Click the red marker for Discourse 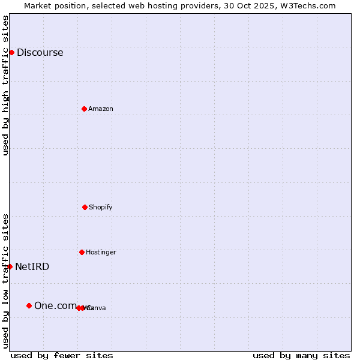point(11,52)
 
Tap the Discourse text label point(40,52)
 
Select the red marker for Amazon point(84,109)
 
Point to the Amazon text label point(100,109)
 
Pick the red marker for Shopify point(85,207)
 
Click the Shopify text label point(100,207)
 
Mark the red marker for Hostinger point(82,252)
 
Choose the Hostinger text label point(101,252)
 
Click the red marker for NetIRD point(10,266)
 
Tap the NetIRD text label point(32,266)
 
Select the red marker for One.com point(29,305)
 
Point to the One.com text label point(55,305)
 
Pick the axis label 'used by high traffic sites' point(5,85)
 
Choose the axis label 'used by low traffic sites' point(5,281)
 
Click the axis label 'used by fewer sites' point(62,355)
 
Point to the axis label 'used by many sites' point(301,355)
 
